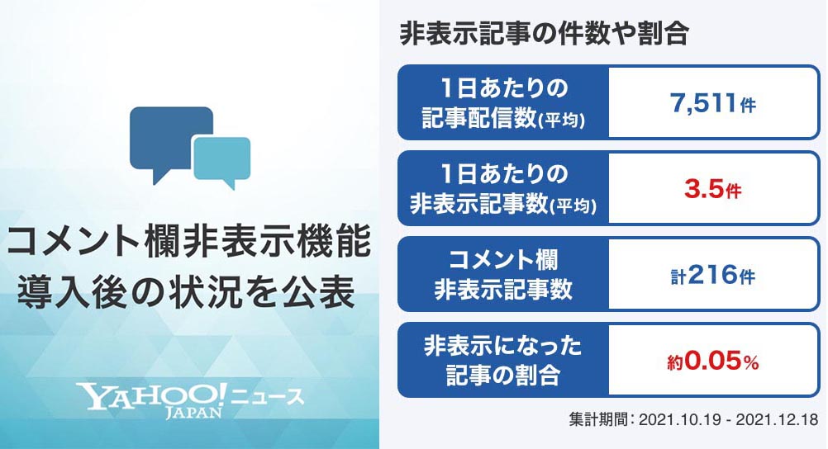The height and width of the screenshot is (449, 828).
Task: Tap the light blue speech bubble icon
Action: click(x=222, y=158)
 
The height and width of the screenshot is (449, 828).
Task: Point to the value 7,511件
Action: click(x=712, y=104)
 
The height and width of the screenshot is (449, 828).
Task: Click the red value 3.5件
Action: click(x=712, y=190)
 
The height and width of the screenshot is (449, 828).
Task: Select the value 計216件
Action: click(x=712, y=276)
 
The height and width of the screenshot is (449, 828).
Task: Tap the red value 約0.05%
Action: click(x=712, y=361)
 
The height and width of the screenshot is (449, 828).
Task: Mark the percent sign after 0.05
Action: click(x=751, y=362)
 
